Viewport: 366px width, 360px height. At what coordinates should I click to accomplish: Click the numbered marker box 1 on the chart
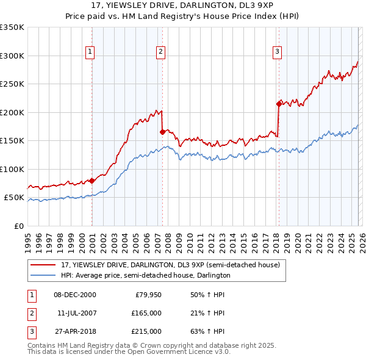(90, 52)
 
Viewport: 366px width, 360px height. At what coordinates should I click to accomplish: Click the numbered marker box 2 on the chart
(160, 52)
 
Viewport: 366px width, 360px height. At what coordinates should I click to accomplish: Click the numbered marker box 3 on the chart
(277, 52)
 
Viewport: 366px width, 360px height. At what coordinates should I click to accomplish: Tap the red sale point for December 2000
(91, 181)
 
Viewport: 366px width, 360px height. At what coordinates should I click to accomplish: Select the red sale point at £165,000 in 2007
(162, 132)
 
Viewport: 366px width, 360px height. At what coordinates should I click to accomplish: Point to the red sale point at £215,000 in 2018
(279, 104)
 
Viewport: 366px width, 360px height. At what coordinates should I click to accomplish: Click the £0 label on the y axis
(18, 226)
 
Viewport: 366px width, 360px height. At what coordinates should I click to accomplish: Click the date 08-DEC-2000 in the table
(74, 295)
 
